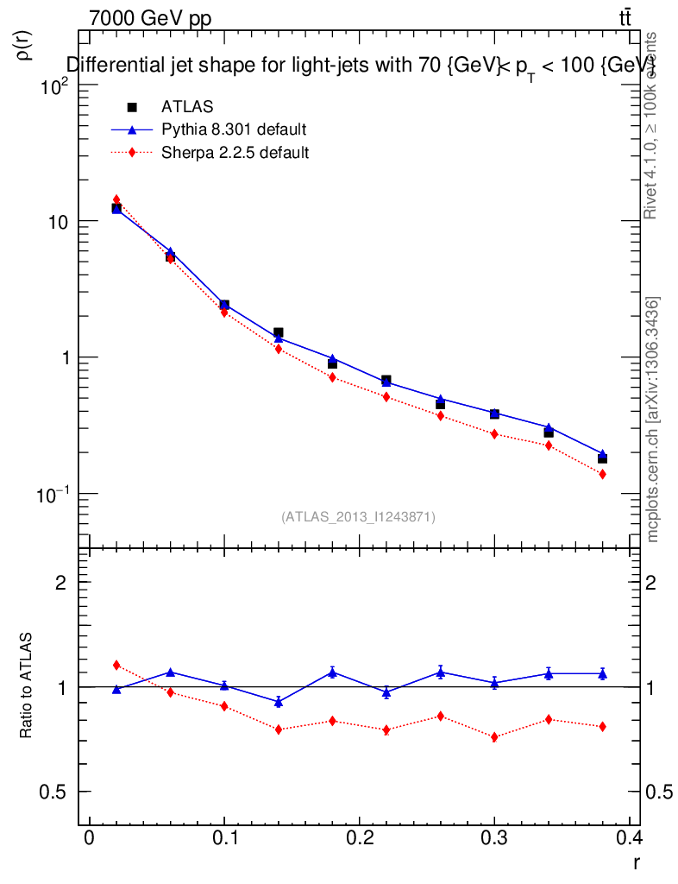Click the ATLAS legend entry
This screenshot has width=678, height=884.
[187, 107]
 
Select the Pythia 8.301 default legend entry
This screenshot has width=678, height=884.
[234, 130]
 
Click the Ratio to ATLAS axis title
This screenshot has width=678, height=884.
[26, 685]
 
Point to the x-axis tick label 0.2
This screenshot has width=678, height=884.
[360, 838]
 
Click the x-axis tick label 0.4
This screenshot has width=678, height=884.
[631, 838]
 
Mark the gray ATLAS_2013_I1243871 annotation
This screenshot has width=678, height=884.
[358, 516]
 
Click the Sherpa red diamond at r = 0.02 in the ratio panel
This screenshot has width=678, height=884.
[116, 665]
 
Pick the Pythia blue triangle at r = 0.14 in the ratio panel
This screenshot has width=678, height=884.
[279, 703]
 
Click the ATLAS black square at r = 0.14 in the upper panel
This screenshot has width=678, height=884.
[279, 332]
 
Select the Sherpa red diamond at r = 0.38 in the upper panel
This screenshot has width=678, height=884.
[602, 475]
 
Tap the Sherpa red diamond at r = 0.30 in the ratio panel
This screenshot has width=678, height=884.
[494, 737]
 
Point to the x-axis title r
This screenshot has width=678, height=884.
[636, 861]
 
